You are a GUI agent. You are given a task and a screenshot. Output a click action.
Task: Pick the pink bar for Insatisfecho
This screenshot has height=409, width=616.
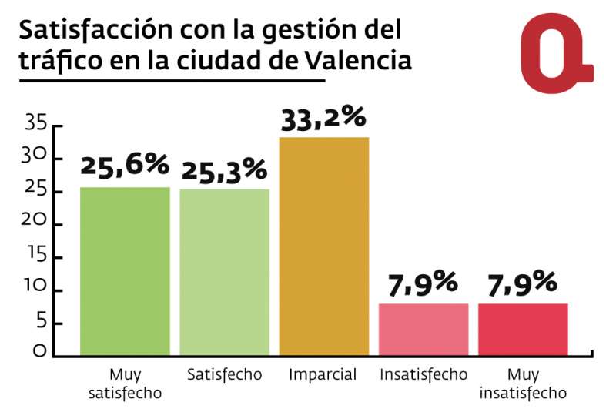(x=423, y=330)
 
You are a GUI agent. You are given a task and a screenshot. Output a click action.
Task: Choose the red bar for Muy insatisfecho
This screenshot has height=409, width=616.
(x=523, y=330)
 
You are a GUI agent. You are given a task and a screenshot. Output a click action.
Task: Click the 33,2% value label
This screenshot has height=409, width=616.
(x=323, y=119)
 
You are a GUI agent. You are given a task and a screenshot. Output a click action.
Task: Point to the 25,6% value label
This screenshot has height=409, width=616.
(x=124, y=165)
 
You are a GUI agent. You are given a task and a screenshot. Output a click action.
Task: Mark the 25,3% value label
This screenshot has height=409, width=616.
(x=223, y=169)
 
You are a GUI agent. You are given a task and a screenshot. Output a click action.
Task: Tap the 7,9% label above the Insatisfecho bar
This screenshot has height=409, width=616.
(x=423, y=283)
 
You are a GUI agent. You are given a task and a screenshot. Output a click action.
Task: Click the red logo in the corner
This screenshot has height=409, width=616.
(x=554, y=52)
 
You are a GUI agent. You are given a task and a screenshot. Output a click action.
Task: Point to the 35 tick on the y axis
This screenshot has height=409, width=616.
(x=36, y=122)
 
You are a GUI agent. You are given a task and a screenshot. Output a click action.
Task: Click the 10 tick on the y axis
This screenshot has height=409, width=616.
(x=36, y=289)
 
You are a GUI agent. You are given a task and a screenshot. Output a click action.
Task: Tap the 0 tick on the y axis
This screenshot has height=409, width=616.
(x=38, y=354)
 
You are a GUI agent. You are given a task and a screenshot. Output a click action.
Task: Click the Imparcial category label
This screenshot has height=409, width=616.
(x=323, y=375)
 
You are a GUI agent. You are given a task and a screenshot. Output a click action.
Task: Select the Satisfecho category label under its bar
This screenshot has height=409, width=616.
(x=224, y=375)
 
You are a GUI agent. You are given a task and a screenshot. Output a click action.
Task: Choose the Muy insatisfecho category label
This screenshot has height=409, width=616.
(x=523, y=384)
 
